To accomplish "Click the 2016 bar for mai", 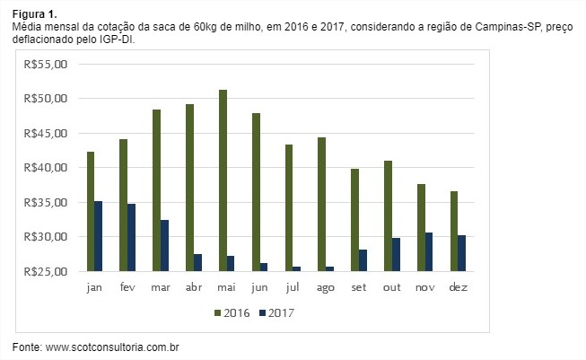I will point(223,180).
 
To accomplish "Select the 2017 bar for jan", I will point(99,236).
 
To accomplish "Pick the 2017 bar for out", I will point(396,254).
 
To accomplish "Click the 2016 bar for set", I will point(354,220).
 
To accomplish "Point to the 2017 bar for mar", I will point(164,245).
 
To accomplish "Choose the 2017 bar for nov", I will point(429,251).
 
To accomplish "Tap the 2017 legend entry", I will point(276,312).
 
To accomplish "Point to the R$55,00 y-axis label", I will point(45,64).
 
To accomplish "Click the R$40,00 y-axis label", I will point(45,167).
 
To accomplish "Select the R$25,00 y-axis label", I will point(45,271).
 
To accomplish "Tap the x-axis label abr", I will point(193,287).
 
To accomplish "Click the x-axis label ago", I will point(325,287).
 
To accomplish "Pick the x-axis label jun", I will point(258,287).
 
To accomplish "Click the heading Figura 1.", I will point(34,15).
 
